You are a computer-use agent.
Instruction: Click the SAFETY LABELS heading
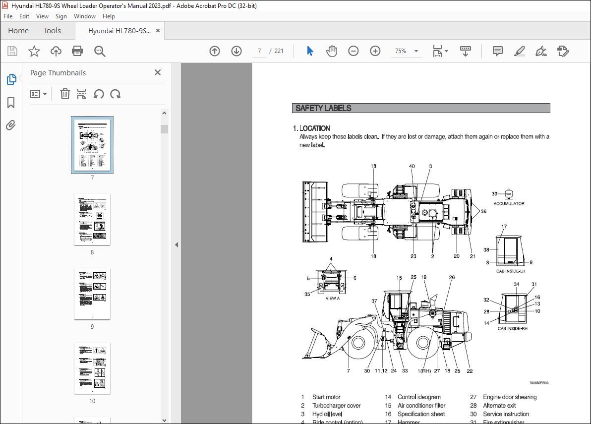[x=323, y=108]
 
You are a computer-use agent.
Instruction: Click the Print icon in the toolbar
[x=77, y=51]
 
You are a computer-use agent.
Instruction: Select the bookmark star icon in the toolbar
[x=34, y=51]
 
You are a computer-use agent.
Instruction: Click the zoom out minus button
[x=353, y=51]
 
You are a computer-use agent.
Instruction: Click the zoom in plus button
[x=375, y=51]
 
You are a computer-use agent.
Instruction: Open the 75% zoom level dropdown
[x=416, y=51]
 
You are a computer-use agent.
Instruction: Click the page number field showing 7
[x=259, y=51]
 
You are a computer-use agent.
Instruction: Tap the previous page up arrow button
[x=215, y=51]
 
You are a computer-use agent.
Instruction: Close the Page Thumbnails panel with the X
[x=158, y=72]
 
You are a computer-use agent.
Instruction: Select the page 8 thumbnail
[x=92, y=219]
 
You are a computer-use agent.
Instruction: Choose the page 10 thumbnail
[x=92, y=368]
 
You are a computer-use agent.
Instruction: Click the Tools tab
[x=52, y=31]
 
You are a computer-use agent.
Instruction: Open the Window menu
[x=85, y=16]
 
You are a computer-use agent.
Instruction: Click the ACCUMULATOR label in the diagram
[x=509, y=204]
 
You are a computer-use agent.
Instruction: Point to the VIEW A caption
[x=332, y=299]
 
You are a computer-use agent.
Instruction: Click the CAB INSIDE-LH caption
[x=511, y=271]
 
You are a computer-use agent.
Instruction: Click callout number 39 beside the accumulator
[x=494, y=194]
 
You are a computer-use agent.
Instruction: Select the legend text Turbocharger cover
[x=336, y=406]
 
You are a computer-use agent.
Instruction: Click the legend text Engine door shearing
[x=510, y=397]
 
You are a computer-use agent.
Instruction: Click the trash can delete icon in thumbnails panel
[x=65, y=94]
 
